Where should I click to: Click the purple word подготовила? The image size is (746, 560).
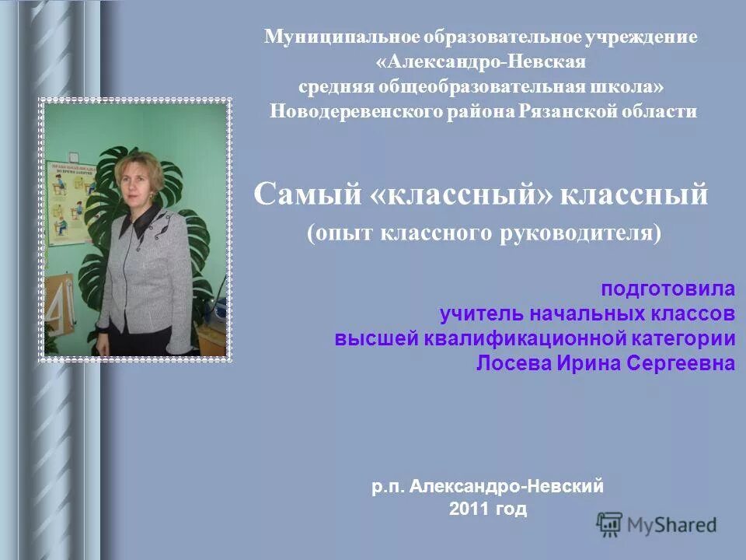[667, 289]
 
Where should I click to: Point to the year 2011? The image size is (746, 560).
[468, 509]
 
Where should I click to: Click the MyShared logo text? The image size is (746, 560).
[672, 524]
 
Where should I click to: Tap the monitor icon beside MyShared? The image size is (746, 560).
[610, 523]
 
